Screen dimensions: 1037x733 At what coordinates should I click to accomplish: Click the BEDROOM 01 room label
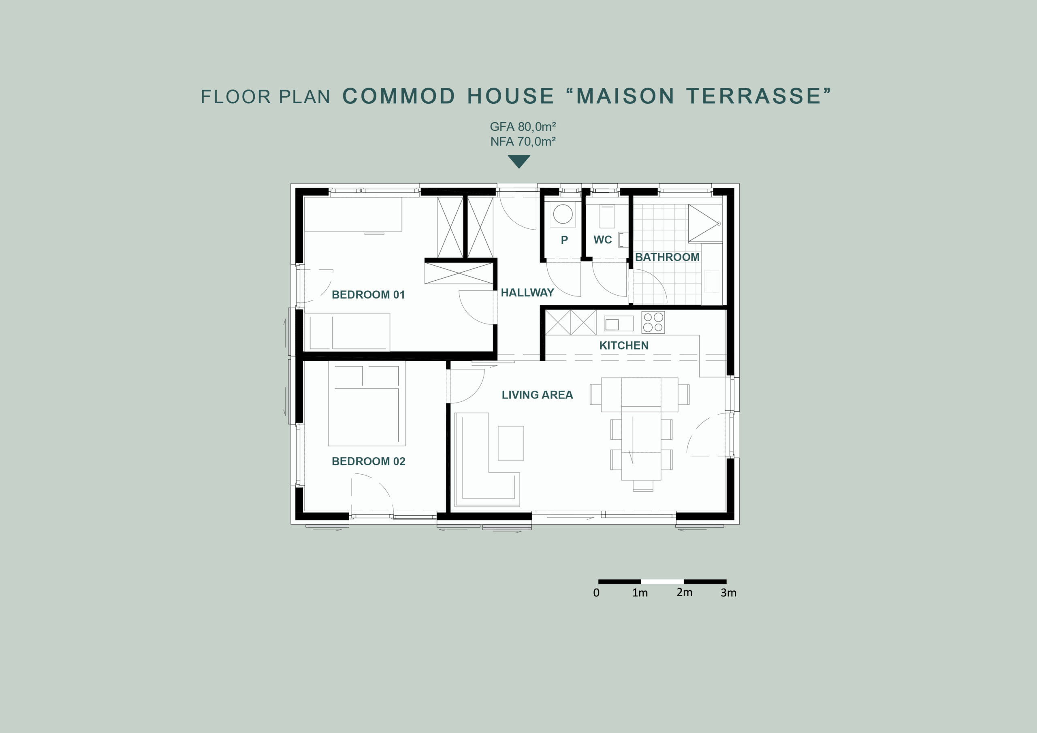click(368, 294)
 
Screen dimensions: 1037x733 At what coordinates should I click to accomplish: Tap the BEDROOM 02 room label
click(369, 461)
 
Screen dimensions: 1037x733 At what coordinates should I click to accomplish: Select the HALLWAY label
click(527, 293)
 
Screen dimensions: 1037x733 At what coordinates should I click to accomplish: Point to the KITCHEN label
click(624, 345)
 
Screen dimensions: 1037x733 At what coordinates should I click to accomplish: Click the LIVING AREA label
click(537, 395)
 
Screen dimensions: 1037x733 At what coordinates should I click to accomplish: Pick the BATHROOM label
click(667, 257)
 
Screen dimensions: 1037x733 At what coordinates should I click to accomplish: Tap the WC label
click(602, 240)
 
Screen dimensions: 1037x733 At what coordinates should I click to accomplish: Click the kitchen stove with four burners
click(653, 322)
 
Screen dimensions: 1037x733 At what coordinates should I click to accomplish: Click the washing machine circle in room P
click(563, 214)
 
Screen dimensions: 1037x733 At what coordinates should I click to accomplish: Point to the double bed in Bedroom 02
click(366, 403)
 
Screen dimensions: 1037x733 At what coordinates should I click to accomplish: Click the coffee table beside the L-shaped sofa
click(511, 443)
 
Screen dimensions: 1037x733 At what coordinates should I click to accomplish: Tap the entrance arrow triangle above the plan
click(519, 161)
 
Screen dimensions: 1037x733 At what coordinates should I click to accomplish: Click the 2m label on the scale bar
click(684, 592)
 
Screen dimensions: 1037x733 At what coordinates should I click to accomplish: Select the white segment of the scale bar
click(662, 582)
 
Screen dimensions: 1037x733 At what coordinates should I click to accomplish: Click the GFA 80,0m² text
click(523, 126)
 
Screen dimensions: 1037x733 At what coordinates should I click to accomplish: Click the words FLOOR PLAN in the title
click(266, 97)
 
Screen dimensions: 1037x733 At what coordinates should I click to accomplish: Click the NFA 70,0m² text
click(523, 141)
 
